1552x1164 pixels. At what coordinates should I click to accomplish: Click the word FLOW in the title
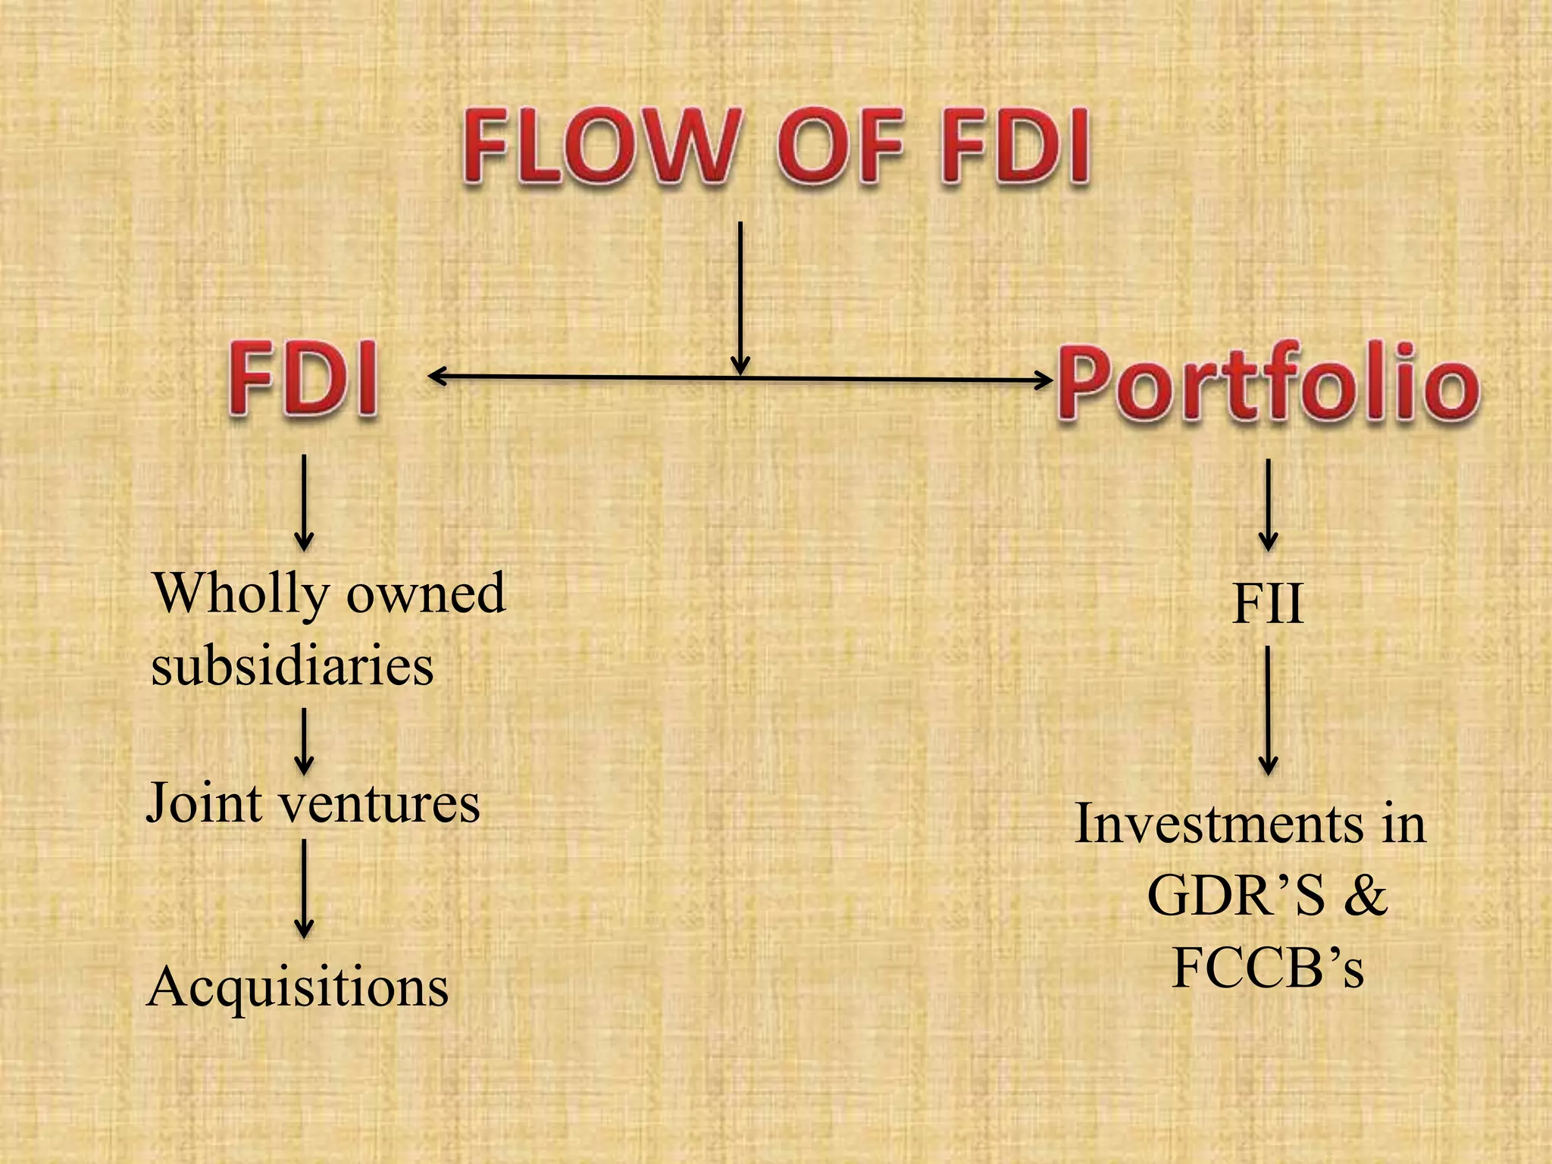(599, 146)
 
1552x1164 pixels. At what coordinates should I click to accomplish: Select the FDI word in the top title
(1015, 146)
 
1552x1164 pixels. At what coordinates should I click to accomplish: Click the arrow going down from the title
(740, 296)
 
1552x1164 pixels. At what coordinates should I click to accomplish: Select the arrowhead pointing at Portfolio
(1044, 380)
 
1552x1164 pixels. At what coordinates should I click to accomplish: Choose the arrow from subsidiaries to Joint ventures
(304, 740)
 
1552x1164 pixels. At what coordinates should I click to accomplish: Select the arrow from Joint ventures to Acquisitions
(304, 888)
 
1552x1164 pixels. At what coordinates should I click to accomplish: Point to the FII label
(1268, 604)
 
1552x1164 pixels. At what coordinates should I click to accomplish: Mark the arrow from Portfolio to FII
(1268, 505)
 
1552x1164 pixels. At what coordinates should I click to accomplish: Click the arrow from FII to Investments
(1268, 710)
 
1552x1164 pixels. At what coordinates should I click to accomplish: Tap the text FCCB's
(1268, 968)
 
